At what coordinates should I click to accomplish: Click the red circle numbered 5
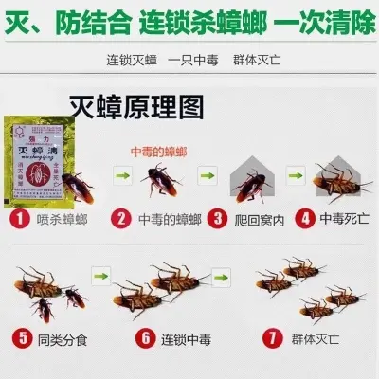click(x=21, y=336)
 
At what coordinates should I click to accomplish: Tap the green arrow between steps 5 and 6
click(x=97, y=276)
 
